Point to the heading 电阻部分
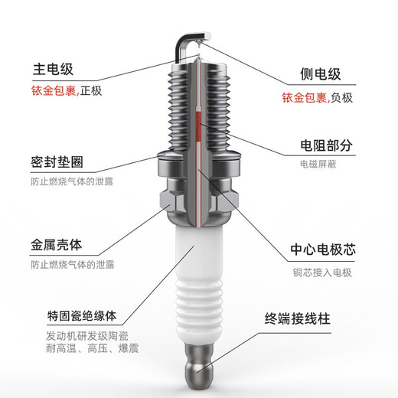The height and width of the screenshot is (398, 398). pos(325,145)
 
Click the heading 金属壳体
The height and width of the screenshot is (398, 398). pos(57,246)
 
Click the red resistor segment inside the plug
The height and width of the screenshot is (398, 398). pos(201,130)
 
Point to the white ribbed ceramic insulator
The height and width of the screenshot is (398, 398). pos(200,306)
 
